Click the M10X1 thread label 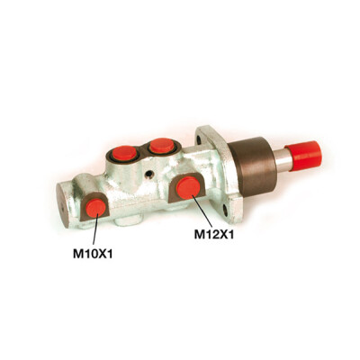click(x=93, y=254)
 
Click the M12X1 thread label click(x=214, y=234)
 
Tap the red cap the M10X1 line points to click(x=95, y=208)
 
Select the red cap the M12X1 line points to click(x=188, y=188)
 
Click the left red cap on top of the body click(x=124, y=153)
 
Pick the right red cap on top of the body click(x=162, y=146)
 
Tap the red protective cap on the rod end click(x=303, y=156)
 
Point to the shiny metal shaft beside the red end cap click(x=283, y=160)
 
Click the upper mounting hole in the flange click(x=199, y=139)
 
